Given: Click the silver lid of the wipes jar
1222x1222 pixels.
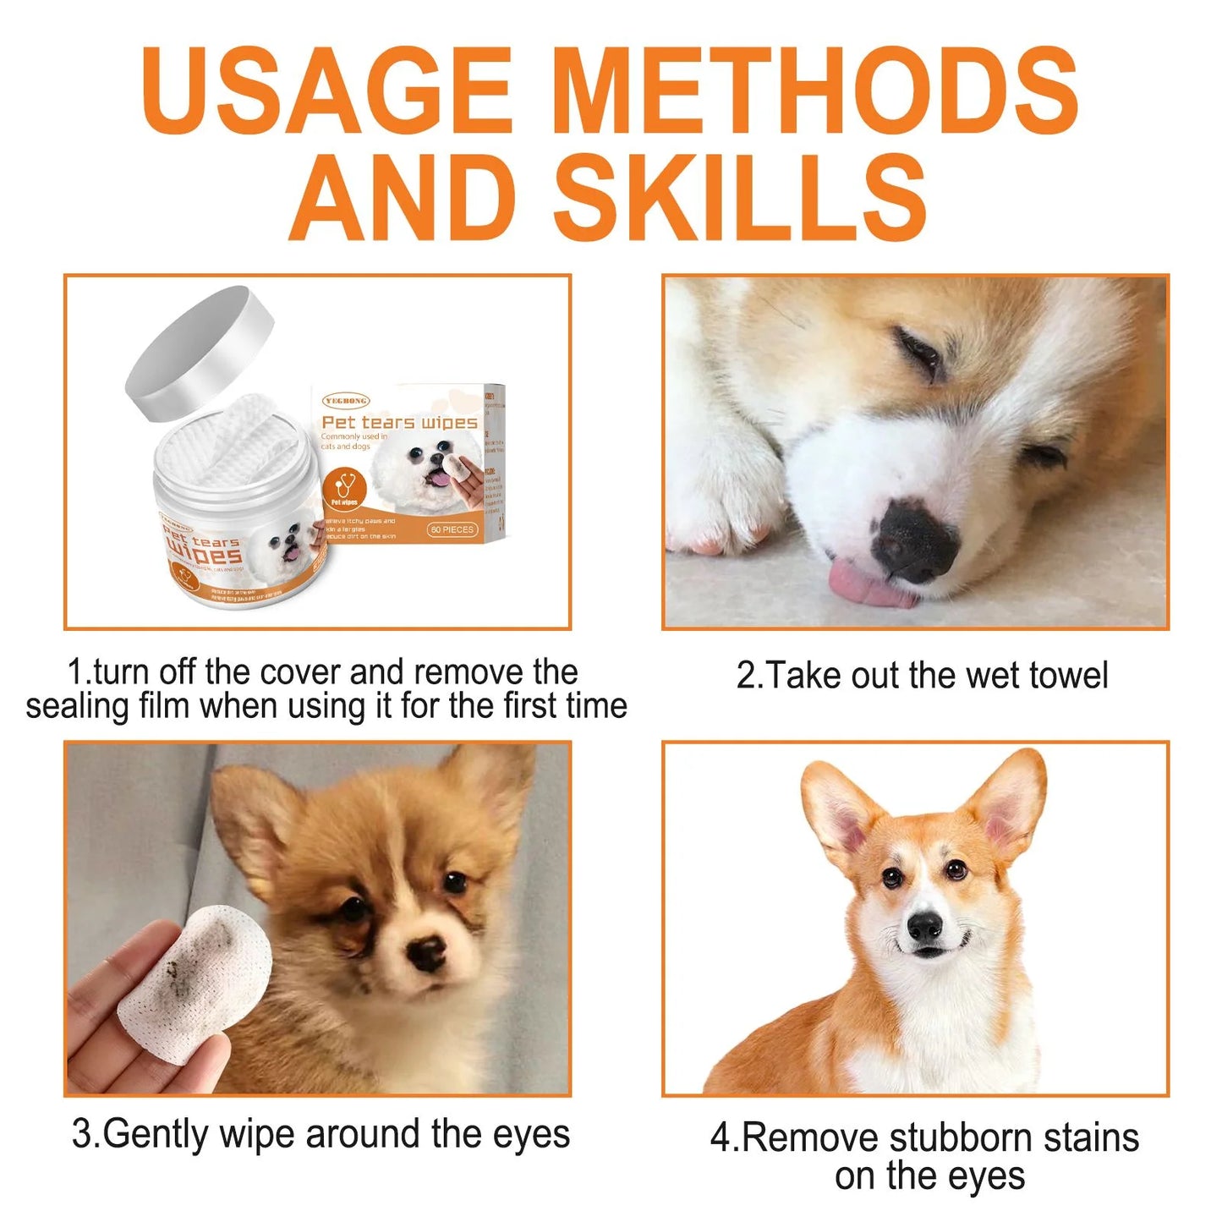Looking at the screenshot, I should (x=201, y=352).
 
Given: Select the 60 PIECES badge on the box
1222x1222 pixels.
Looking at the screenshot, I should (x=452, y=529).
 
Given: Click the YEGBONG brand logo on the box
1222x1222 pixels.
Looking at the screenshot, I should (x=346, y=401).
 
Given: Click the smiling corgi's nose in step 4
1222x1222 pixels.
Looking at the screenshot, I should (x=924, y=928).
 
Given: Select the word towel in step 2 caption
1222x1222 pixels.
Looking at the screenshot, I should (x=1067, y=676).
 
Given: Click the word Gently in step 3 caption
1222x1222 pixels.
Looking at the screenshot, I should (x=157, y=1134).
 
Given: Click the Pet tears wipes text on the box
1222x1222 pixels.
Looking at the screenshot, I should (x=399, y=422).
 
